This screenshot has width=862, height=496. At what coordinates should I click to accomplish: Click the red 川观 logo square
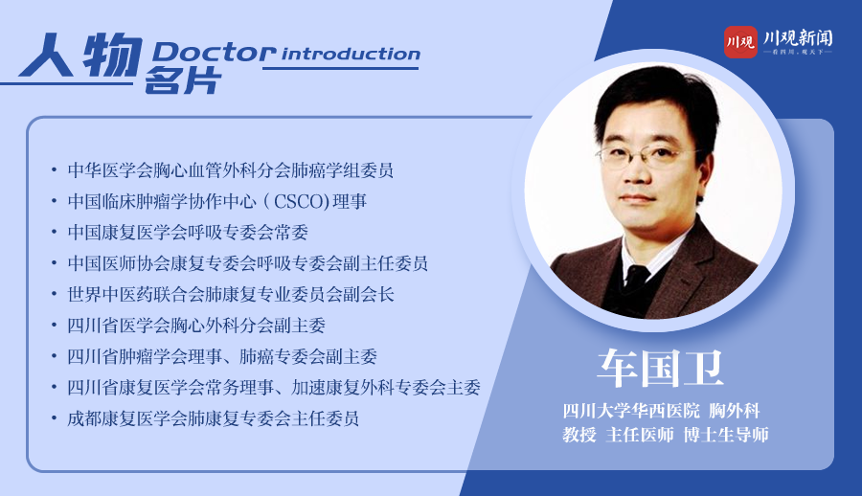740,42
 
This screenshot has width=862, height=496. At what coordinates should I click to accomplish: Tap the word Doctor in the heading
215,53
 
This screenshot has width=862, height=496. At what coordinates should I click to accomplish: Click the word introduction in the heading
351,54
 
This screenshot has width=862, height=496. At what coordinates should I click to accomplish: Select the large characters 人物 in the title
80,55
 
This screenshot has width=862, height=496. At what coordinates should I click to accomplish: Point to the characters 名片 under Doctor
183,80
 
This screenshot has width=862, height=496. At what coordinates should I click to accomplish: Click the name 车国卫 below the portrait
660,369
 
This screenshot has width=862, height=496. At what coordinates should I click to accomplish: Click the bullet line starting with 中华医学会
230,170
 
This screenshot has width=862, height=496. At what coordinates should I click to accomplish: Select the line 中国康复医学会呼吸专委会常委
188,233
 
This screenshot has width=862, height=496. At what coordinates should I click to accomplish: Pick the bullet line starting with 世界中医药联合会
231,295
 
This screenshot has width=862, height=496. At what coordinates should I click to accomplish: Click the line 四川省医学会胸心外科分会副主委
196,326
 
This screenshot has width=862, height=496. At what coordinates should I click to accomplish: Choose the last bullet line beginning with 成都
214,419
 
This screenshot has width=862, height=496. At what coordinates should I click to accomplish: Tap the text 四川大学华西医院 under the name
631,411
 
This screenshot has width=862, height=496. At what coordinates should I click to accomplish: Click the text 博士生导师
726,435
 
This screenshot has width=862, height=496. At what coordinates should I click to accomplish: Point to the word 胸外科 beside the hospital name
735,411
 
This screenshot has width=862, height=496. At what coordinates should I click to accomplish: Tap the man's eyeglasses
648,156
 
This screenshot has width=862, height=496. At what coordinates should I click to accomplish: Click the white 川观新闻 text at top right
798,38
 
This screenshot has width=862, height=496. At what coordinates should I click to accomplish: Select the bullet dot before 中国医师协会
54,264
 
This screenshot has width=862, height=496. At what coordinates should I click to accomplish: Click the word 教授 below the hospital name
579,435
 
